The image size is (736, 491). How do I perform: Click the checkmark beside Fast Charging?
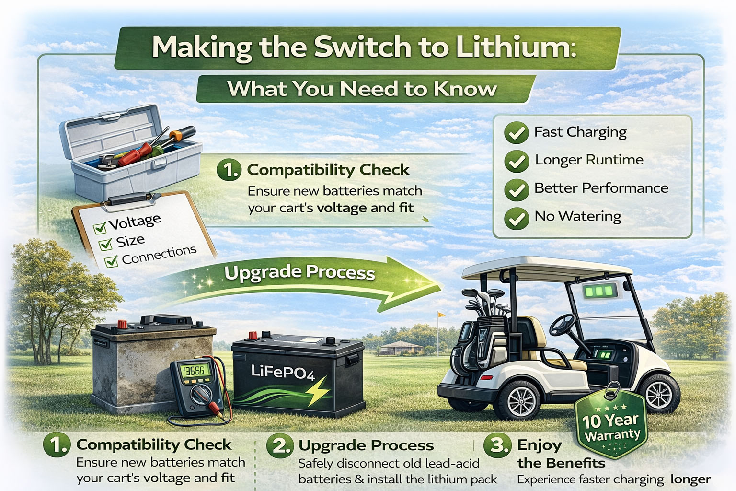tap(516, 133)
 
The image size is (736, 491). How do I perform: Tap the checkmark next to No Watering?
tap(516, 218)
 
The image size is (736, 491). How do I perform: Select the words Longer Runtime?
tap(589, 160)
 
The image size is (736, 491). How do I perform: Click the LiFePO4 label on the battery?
tap(283, 372)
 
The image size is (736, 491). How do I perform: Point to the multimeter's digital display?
tap(195, 370)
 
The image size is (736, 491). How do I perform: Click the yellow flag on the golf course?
tap(441, 315)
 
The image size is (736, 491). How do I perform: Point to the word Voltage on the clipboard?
tap(135, 222)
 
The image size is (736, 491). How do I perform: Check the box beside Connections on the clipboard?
tap(111, 261)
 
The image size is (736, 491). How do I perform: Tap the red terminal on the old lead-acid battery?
tap(123, 325)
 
